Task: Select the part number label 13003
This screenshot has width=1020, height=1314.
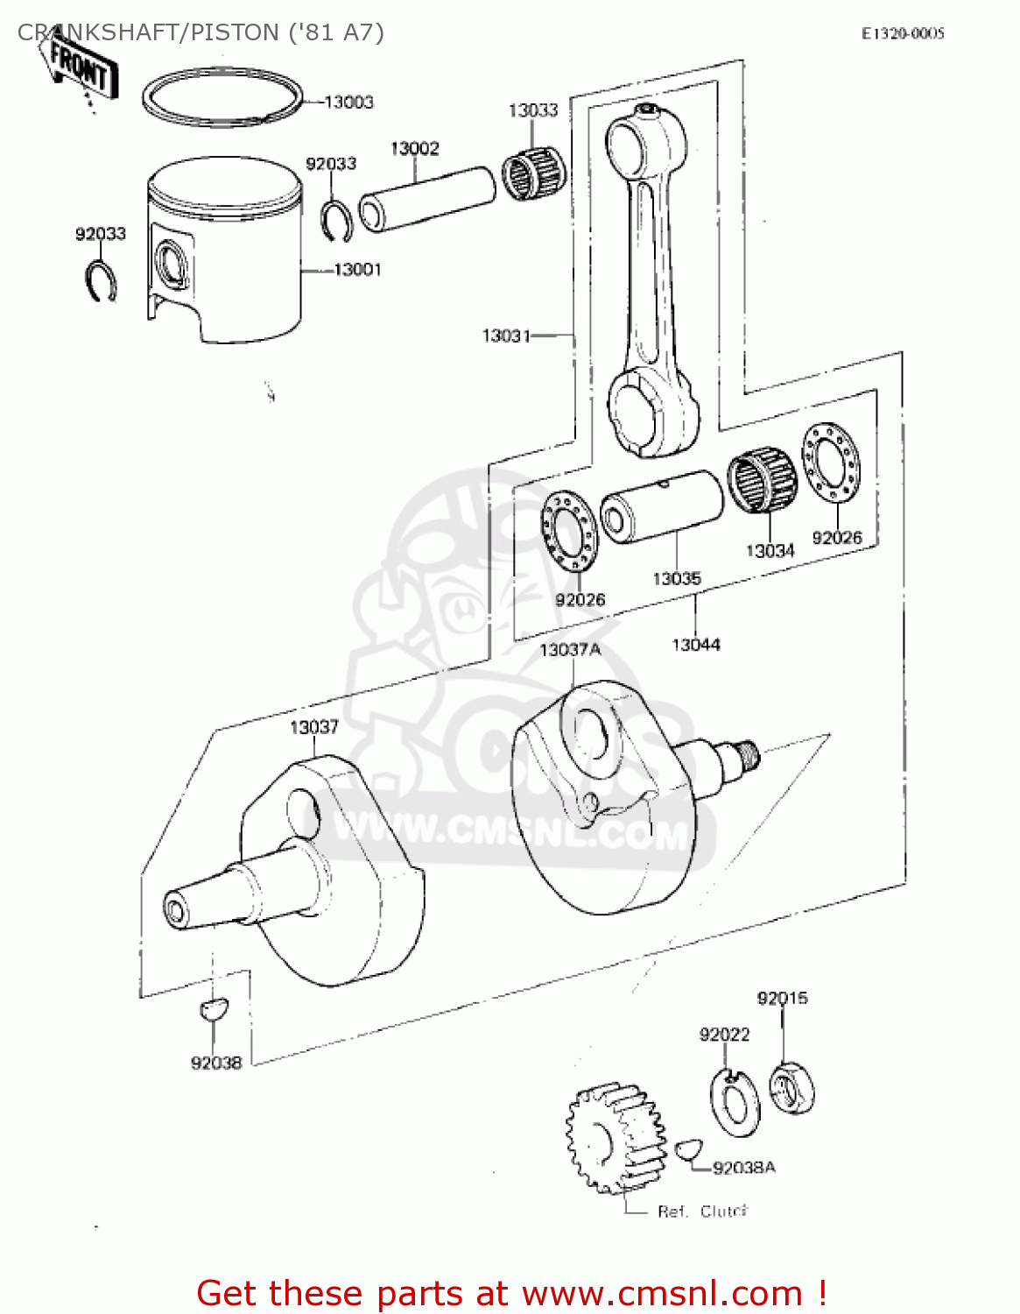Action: point(348,102)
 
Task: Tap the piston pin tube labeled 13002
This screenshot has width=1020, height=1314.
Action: point(427,200)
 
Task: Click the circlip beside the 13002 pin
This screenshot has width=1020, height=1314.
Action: point(336,220)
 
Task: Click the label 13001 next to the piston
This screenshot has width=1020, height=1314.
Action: point(357,270)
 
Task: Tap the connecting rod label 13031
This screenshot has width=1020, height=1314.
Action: point(506,336)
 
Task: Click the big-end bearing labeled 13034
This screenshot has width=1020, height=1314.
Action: point(762,480)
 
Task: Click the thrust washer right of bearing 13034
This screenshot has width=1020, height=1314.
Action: point(831,463)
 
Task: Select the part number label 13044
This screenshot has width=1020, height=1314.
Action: point(696,645)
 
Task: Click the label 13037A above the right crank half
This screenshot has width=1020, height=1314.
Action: point(570,650)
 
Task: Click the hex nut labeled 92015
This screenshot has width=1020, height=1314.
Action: point(791,1089)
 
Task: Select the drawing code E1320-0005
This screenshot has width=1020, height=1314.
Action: point(903,34)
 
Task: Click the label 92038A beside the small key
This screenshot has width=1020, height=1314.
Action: point(744,1168)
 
